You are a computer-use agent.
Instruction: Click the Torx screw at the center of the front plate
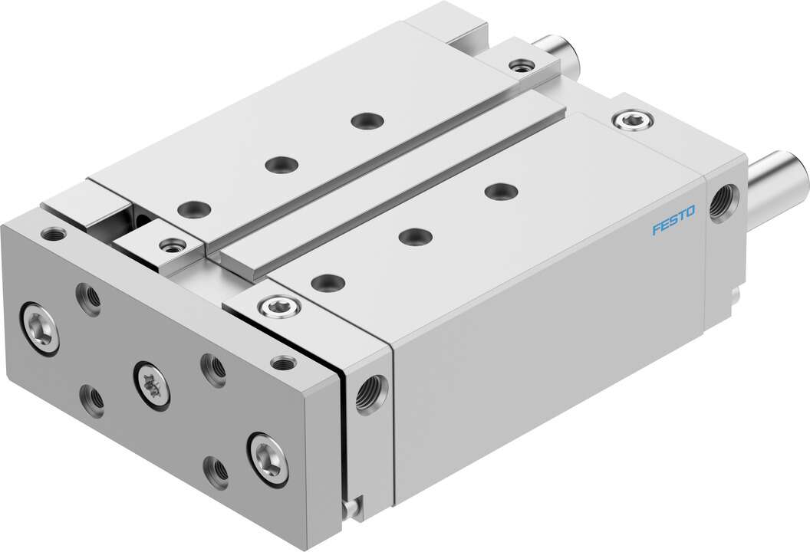pyautogui.click(x=150, y=379)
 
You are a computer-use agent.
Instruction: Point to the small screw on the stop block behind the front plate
pyautogui.click(x=171, y=246)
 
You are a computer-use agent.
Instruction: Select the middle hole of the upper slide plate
pyautogui.click(x=281, y=163)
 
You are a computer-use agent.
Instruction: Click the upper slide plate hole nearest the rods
pyautogui.click(x=365, y=120)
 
